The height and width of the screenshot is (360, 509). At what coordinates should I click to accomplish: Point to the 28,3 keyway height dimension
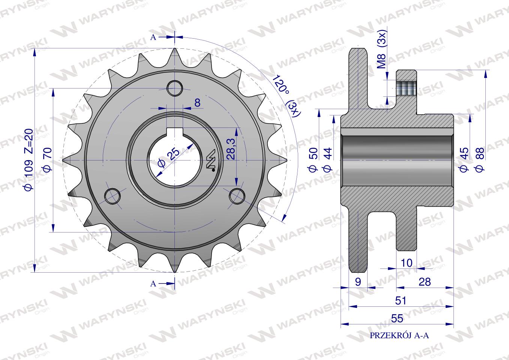coord(231,149)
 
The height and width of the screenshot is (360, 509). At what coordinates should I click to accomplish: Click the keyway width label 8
coord(197,103)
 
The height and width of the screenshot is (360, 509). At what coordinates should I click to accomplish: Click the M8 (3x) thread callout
coord(382,49)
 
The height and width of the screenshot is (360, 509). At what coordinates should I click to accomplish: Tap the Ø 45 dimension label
coord(464,159)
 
